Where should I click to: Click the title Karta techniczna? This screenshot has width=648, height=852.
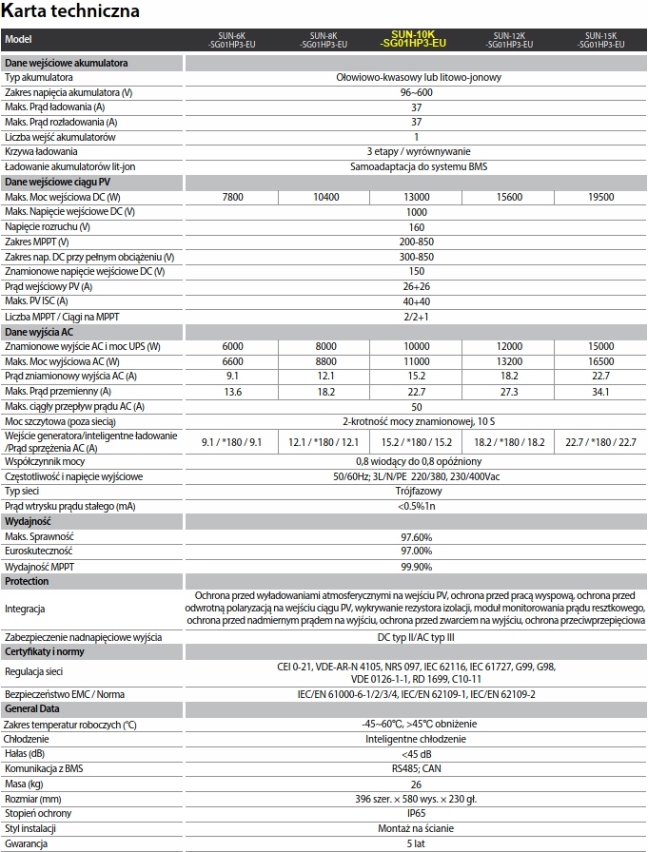71,11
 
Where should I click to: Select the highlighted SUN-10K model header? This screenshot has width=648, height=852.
415,39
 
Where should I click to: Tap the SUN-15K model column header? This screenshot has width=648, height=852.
601,39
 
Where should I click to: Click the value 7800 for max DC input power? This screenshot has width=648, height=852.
232,197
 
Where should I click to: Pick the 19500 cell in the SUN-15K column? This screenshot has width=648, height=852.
601,197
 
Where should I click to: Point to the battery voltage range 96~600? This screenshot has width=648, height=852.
416,92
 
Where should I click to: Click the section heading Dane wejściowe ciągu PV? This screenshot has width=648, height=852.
57,182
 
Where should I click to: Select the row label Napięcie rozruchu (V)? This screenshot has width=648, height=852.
48,227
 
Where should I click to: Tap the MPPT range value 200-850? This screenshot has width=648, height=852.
416,242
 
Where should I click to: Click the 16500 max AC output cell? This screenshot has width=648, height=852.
601,361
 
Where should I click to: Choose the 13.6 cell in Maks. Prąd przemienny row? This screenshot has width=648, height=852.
232,392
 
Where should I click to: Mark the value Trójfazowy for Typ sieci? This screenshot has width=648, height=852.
416,491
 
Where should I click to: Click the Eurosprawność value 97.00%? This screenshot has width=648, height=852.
416,551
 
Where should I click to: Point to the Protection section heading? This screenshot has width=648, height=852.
27,581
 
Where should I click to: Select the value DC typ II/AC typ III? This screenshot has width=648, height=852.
416,637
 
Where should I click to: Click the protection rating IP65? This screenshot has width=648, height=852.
416,814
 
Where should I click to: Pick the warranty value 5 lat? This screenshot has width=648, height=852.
416,843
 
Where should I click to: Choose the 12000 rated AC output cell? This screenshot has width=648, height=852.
509,347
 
